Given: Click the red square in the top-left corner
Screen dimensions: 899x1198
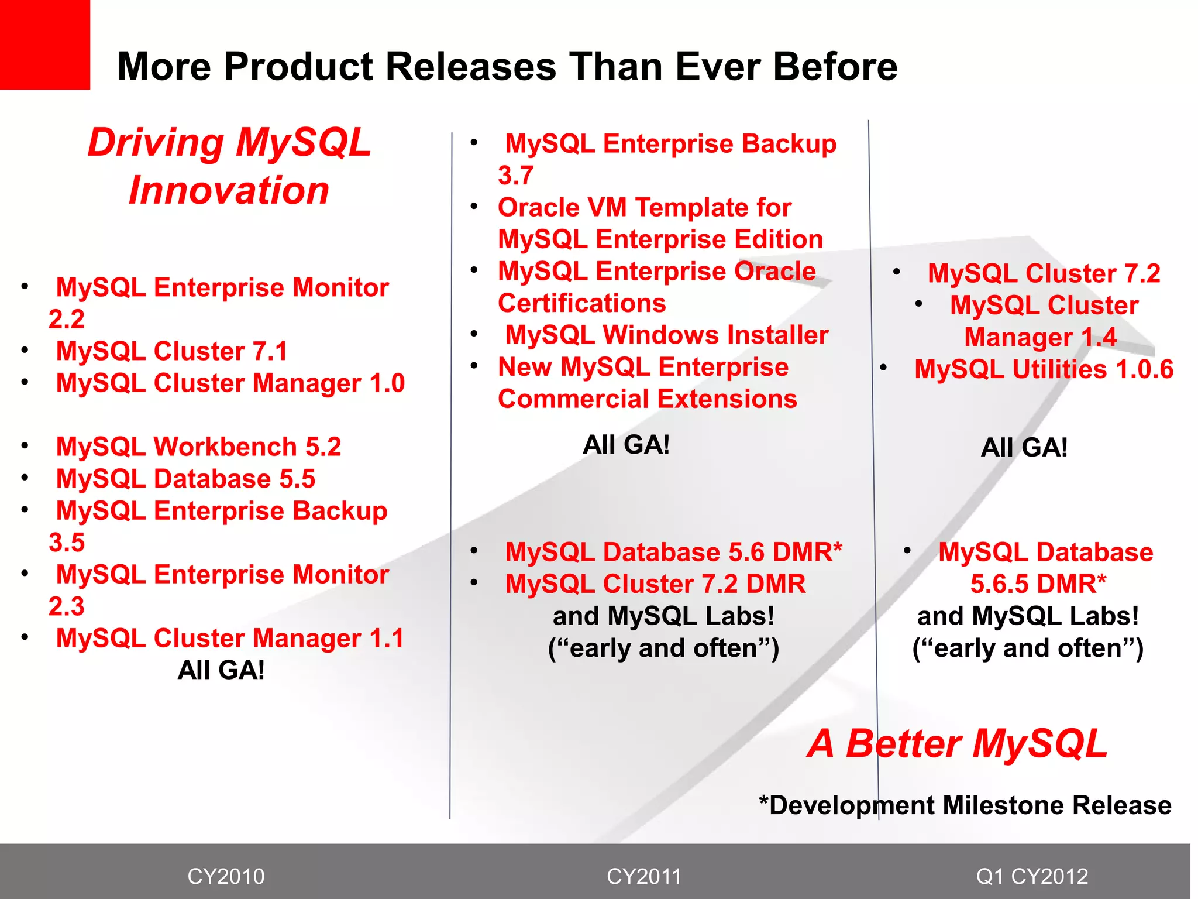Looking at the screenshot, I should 44,44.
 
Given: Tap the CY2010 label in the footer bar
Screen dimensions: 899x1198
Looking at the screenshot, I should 226,876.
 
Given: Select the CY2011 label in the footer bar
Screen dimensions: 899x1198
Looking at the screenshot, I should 644,876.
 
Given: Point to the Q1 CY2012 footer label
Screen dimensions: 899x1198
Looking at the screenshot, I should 1032,876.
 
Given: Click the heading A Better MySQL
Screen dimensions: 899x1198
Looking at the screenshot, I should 957,744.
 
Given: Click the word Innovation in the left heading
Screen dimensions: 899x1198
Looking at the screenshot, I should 229,190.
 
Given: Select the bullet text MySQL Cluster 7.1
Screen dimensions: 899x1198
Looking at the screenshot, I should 172,351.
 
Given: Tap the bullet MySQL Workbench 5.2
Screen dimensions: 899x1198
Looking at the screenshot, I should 198,447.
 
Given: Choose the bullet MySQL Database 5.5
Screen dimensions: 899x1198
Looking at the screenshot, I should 185,479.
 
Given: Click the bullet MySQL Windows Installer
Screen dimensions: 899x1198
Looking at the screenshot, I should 666,335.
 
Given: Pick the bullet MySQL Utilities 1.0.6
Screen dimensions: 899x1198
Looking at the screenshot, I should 1044,369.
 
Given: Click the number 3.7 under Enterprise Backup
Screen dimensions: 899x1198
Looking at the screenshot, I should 515,176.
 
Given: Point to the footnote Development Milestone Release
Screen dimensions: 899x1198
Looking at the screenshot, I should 965,805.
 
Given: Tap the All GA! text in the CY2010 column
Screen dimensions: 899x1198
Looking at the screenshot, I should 221,670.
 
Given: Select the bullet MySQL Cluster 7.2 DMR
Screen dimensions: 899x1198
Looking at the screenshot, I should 655,584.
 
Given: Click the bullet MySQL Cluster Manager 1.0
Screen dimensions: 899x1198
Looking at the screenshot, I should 230,383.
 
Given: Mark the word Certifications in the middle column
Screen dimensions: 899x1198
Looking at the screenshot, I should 581,303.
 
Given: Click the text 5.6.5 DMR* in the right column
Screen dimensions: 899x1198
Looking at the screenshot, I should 1038,584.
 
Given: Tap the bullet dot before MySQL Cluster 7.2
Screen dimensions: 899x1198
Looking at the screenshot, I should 896,272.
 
